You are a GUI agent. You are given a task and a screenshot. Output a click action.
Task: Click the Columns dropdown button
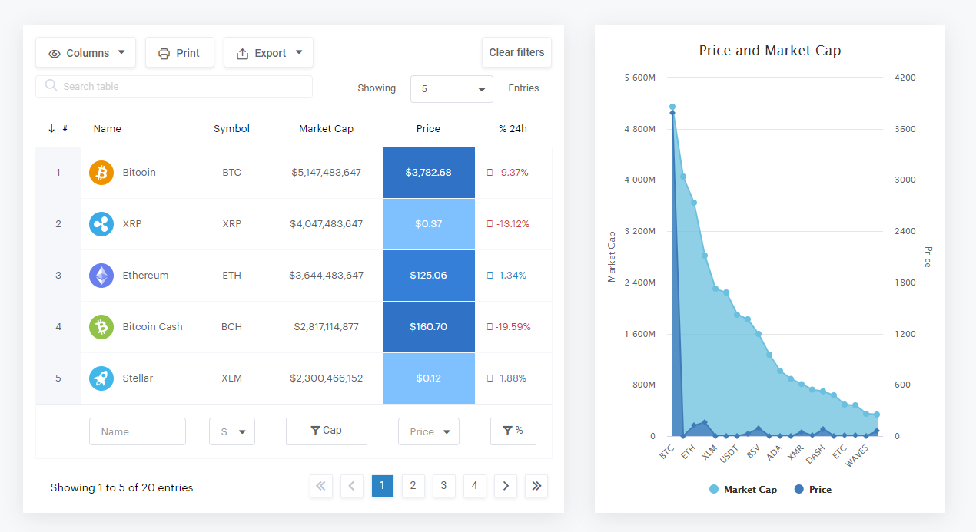pos(85,53)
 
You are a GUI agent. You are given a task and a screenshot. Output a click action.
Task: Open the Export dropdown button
pos(268,53)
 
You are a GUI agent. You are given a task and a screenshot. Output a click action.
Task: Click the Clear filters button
pos(516,52)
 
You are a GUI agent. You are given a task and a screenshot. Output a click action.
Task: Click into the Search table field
pos(174,87)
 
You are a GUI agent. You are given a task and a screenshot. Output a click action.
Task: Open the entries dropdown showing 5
pos(452,89)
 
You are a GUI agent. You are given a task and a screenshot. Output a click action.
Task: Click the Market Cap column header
pos(326,129)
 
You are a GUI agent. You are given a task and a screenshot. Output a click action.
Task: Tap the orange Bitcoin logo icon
pos(101,173)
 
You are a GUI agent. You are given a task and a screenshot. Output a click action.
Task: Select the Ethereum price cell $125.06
pos(429,276)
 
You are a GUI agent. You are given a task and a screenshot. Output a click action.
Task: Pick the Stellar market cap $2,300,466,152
pos(326,378)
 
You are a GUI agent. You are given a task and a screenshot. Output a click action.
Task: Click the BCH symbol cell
pos(231,327)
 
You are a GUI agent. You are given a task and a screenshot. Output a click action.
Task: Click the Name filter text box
pos(138,431)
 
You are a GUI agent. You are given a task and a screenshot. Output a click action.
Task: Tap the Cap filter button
pos(326,431)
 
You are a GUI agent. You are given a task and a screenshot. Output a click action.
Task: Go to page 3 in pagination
pos(444,486)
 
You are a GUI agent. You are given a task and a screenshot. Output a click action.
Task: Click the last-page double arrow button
pos(536,486)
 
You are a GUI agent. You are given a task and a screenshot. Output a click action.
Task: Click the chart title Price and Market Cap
pos(769,51)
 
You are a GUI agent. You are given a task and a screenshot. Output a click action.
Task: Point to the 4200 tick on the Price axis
pos(905,78)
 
